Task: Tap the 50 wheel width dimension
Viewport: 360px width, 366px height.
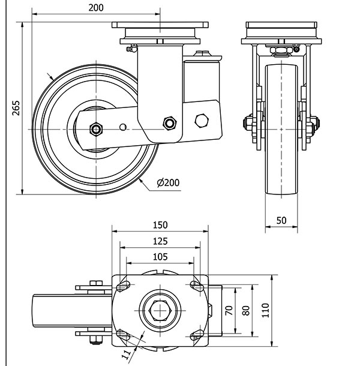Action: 281,220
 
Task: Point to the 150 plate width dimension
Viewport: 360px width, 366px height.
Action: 160,225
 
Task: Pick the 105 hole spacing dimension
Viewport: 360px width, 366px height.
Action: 159,256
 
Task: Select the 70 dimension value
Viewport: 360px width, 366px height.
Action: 229,310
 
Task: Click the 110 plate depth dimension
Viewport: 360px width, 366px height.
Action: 266,310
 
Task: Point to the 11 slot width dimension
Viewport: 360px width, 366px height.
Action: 126,354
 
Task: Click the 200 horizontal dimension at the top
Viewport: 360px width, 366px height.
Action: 95,8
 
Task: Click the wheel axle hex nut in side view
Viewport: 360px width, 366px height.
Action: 95,128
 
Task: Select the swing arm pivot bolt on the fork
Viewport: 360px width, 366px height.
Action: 170,123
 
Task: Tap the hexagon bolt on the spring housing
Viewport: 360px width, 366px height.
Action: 202,121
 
